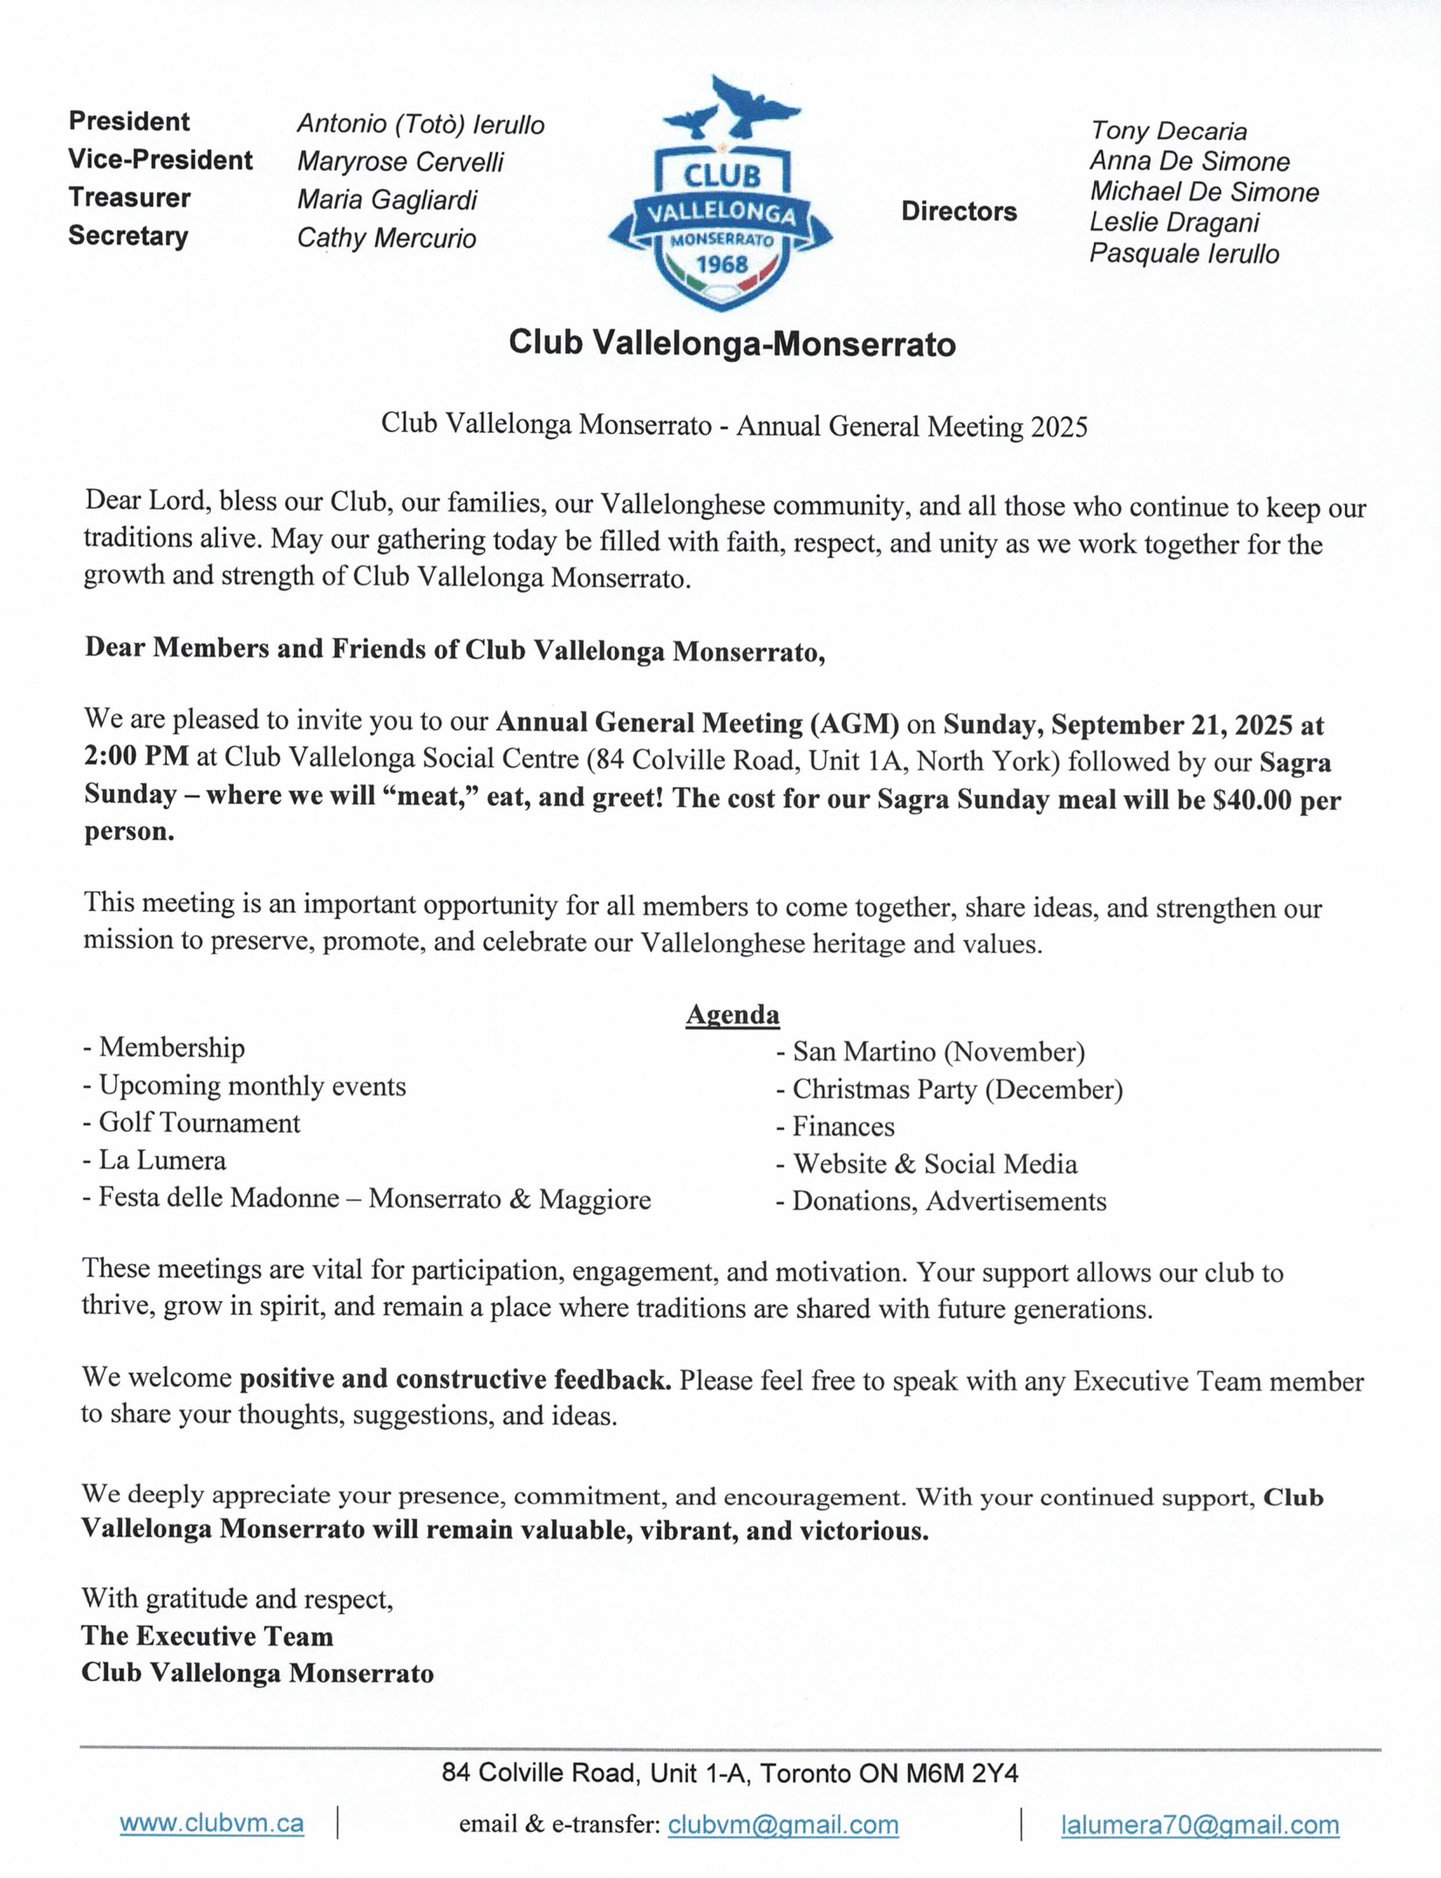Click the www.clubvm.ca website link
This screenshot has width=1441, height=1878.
pos(211,1823)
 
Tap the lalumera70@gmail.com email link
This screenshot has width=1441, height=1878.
pos(1199,1825)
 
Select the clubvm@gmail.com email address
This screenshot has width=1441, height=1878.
pos(782,1825)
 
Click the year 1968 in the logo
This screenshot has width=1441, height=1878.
pos(721,264)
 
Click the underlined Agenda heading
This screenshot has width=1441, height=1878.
pos(732,1014)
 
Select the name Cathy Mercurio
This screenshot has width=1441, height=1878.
pos(386,238)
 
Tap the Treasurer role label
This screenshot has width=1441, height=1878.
pos(129,198)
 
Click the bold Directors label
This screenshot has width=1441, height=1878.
pos(959,211)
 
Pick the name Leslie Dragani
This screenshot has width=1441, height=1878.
pos(1174,223)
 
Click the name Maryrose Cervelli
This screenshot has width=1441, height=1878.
pos(400,161)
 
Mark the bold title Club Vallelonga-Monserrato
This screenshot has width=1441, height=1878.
pos(732,344)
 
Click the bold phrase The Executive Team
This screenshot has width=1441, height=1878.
pos(208,1636)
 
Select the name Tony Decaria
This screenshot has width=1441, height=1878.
pos(1168,131)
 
